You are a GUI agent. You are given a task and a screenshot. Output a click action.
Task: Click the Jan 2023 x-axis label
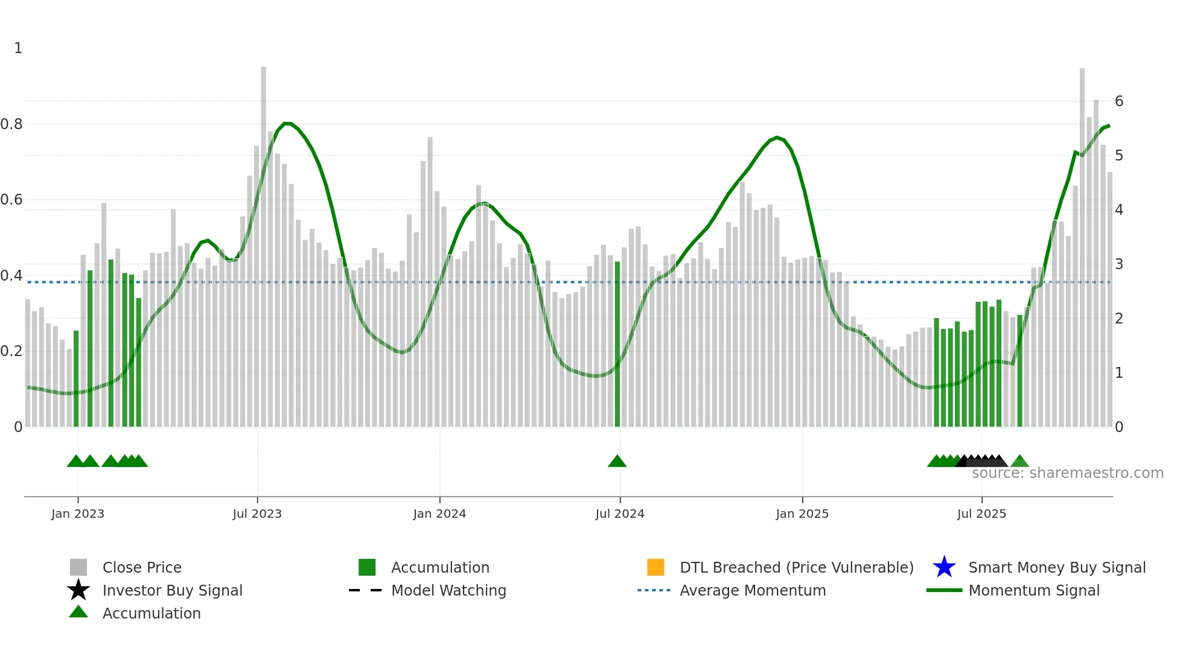pos(78,514)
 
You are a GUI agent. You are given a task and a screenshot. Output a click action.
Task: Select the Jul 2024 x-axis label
pos(620,514)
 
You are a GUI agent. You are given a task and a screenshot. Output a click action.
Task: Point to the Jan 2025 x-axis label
pos(802,514)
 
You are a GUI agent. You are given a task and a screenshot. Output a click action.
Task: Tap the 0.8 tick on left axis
pos(11,124)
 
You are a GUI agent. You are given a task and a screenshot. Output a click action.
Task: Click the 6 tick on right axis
pos(1119,101)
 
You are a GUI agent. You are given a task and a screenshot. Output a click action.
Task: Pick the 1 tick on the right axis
pos(1119,373)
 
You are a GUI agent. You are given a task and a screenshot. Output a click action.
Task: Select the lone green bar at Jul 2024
pos(617,344)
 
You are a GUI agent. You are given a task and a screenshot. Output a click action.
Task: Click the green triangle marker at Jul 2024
pos(617,462)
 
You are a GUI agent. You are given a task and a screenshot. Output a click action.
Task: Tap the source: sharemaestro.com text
pos(1067,473)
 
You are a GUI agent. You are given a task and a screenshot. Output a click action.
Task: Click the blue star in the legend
pos(944,567)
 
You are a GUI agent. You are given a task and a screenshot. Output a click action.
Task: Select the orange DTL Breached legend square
pos(655,567)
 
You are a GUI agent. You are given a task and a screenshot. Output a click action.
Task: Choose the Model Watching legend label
pos(448,590)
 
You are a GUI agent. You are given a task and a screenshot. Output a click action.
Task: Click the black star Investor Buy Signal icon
pos(78,590)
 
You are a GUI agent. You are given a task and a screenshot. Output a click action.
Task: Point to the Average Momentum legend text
pos(753,590)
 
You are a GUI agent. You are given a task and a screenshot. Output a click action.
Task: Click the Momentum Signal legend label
pos(1034,590)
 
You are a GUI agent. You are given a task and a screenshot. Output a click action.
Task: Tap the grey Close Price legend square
pos(78,567)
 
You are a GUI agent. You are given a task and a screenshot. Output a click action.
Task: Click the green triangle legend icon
pos(78,612)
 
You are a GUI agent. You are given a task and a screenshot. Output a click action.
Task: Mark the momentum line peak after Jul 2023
pos(287,123)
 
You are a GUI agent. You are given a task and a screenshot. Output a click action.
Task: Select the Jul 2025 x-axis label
pos(981,514)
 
